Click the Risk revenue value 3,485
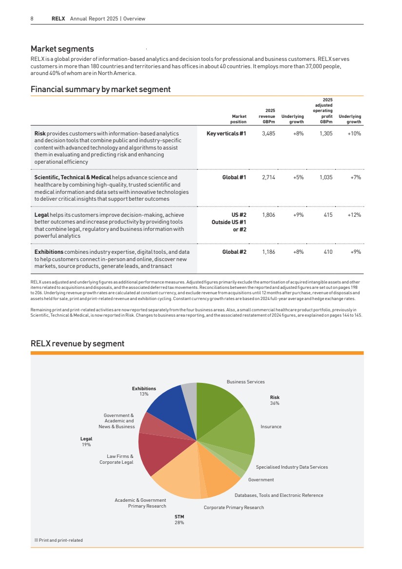268,133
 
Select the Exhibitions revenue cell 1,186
268,252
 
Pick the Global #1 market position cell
234,178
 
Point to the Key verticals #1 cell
227,133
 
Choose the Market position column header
239,119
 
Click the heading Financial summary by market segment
100,89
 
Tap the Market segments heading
62,49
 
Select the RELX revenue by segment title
77,343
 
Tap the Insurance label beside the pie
271,427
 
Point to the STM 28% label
179,519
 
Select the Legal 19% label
86,441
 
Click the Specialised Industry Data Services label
292,467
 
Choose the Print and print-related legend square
36,540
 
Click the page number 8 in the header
32,19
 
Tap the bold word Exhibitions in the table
49,252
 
